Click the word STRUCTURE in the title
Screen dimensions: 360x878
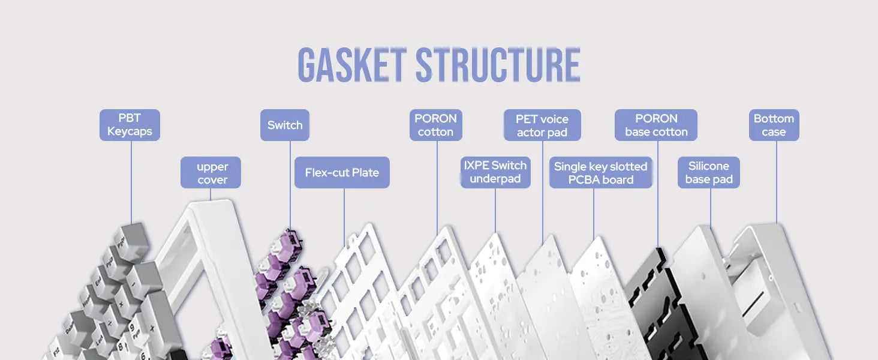pos(498,65)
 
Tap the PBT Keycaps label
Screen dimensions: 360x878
pos(130,125)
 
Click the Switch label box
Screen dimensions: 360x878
pos(285,125)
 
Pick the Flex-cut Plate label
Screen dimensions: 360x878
pos(342,173)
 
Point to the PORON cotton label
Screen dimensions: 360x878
pos(435,125)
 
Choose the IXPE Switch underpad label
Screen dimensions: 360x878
pos(495,172)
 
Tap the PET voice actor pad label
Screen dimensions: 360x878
pos(542,125)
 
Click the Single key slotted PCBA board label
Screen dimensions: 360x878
pos(600,173)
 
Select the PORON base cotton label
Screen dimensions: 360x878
pos(656,125)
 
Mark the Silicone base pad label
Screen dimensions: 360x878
pos(709,173)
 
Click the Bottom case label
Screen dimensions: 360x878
pos(774,125)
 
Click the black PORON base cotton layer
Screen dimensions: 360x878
pos(651,300)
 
